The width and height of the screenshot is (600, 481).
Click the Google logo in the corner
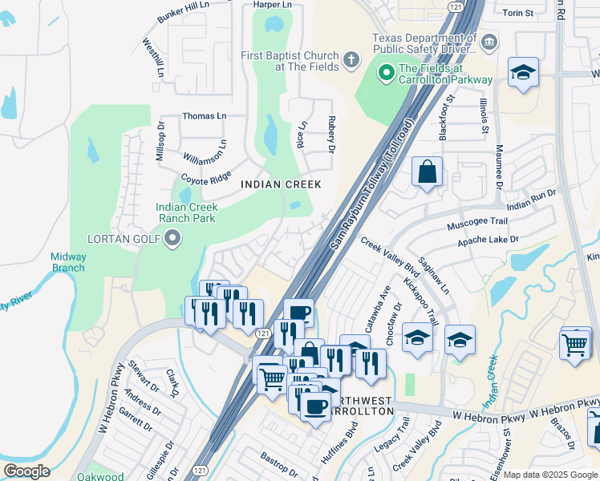pyautogui.click(x=26, y=471)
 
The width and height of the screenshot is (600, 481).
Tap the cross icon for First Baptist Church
pyautogui.click(x=351, y=60)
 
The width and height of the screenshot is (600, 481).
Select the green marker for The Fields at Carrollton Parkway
pyautogui.click(x=387, y=74)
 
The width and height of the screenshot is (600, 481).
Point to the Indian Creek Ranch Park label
pyautogui.click(x=186, y=212)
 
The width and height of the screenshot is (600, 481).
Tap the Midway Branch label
pyautogui.click(x=68, y=262)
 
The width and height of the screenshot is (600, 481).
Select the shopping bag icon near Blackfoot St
pyautogui.click(x=428, y=172)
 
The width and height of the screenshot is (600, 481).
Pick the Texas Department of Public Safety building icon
pyautogui.click(x=489, y=41)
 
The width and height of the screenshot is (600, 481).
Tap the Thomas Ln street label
pyautogui.click(x=205, y=116)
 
